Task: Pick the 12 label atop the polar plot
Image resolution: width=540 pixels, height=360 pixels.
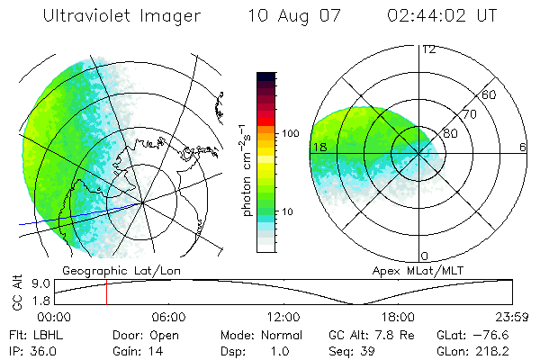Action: [x=428, y=49]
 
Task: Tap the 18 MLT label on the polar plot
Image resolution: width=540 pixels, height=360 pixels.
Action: [x=317, y=147]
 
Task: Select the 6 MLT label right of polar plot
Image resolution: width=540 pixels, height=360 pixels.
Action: [x=523, y=147]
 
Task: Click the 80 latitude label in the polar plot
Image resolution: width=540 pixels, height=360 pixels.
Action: [x=450, y=133]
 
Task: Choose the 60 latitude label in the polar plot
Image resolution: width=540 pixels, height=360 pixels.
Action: [x=490, y=94]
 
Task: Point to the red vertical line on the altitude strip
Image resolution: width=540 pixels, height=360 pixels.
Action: [x=106, y=292]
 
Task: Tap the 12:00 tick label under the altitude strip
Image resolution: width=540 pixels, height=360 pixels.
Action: [x=283, y=317]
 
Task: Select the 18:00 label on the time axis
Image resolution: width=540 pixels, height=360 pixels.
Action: [x=399, y=317]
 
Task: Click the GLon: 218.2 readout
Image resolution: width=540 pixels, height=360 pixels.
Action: [x=486, y=349]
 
